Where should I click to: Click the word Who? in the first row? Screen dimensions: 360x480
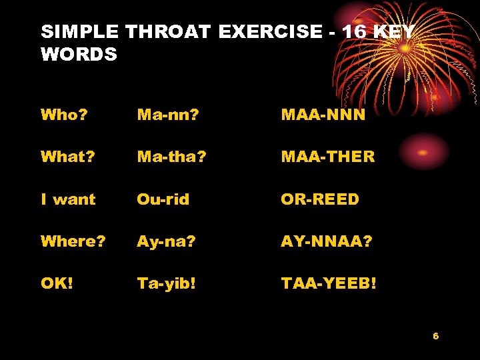point(64,115)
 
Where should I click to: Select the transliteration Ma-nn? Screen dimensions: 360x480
point(168,115)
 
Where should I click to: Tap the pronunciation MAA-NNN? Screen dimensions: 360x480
point(323,115)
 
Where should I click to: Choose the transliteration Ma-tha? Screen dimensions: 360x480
point(172,157)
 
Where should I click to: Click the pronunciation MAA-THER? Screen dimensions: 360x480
point(328,157)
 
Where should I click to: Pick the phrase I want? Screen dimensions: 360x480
point(68,199)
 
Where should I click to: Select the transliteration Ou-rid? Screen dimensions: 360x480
point(163,199)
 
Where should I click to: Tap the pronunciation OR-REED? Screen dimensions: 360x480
point(320,199)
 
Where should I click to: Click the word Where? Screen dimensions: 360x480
point(73,241)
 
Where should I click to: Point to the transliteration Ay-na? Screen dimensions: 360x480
point(167,241)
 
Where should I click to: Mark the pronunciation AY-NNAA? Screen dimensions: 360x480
point(327,241)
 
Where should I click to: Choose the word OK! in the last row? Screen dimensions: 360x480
point(57,283)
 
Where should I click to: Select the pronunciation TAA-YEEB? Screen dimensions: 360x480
point(329,283)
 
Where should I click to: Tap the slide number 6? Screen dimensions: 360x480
point(435,336)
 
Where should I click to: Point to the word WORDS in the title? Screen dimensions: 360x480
point(79,54)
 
